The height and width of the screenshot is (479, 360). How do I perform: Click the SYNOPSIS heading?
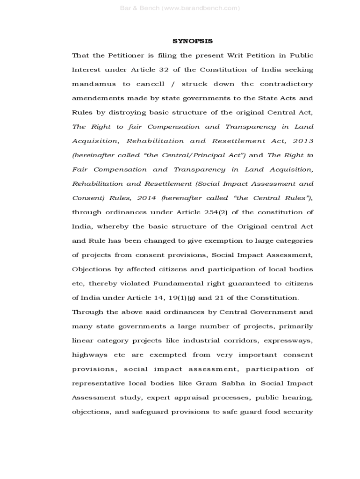(x=193, y=41)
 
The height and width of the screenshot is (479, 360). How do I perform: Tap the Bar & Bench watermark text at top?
(x=180, y=8)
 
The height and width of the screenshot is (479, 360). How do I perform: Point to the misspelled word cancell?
(x=150, y=84)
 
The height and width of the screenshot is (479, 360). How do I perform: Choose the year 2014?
(x=146, y=198)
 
